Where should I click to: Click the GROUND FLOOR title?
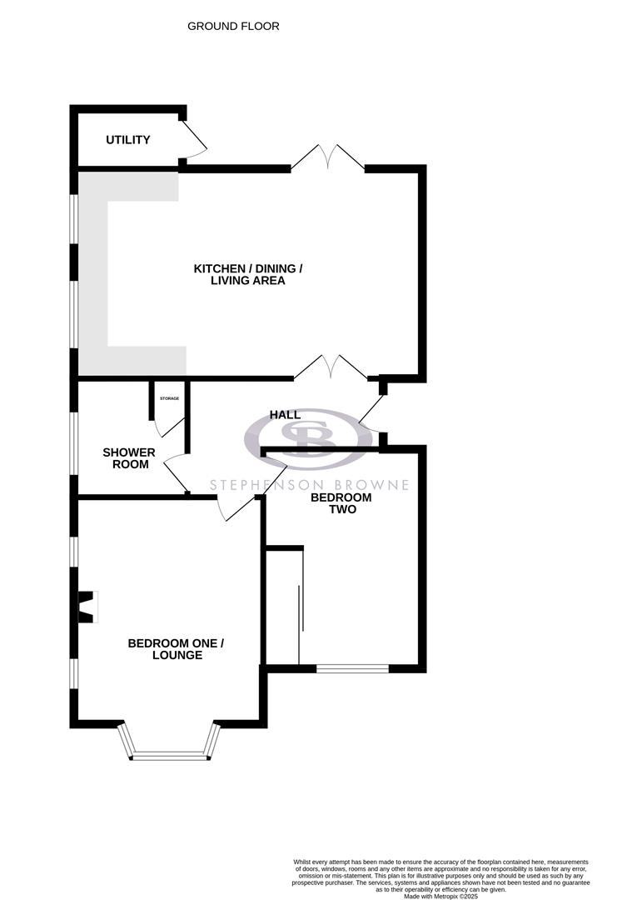coord(233,27)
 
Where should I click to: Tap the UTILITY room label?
coord(128,140)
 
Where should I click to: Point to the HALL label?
coord(285,415)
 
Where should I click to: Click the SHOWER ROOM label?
coord(129,458)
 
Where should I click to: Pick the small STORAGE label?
coord(169,398)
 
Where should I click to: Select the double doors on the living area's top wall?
coord(328,157)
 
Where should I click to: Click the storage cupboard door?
coord(169,424)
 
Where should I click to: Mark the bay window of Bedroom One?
coord(169,746)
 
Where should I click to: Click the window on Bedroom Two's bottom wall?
coord(352,667)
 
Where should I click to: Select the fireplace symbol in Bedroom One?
coord(87,607)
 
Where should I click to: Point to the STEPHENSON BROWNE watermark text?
coord(309,484)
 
